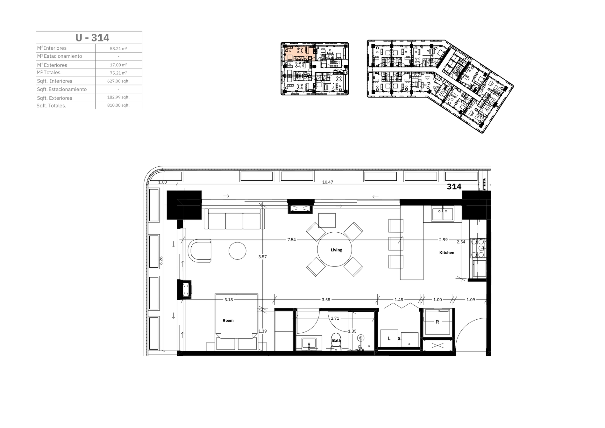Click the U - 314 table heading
[92, 38]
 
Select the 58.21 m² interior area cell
[118, 48]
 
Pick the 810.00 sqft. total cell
[118, 105]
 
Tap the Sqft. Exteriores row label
[54, 98]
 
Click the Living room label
[336, 250]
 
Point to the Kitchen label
[447, 252]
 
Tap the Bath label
[337, 340]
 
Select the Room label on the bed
[228, 320]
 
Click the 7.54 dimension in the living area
[291, 240]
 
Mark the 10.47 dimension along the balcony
[328, 182]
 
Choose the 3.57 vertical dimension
[262, 257]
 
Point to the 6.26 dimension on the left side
[161, 260]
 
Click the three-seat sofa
[234, 219]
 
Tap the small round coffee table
[237, 251]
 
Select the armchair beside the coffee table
[200, 251]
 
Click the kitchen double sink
[443, 214]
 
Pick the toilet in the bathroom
[336, 342]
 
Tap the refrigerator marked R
[438, 322]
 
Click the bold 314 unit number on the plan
[454, 187]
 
